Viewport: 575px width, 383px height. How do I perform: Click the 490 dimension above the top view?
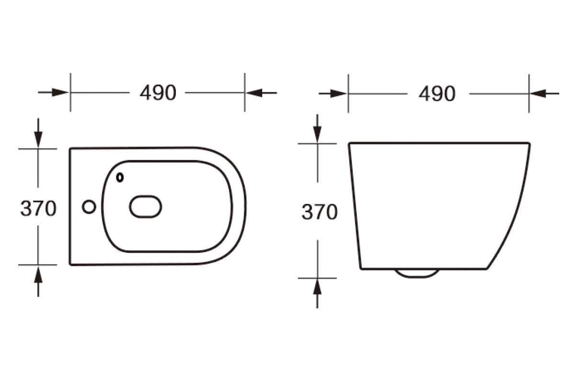(x=158, y=92)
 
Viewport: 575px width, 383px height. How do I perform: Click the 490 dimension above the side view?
(x=437, y=94)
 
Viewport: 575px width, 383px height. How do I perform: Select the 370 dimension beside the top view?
(x=38, y=208)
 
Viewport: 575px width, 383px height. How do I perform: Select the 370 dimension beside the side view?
(x=320, y=212)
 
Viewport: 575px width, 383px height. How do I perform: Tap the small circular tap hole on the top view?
(x=89, y=207)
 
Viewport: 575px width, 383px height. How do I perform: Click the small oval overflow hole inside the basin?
(x=120, y=178)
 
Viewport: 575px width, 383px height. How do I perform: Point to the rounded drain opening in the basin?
(x=146, y=206)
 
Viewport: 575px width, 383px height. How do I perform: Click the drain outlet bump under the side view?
(x=417, y=273)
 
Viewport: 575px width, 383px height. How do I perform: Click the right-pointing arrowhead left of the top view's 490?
(x=60, y=92)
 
